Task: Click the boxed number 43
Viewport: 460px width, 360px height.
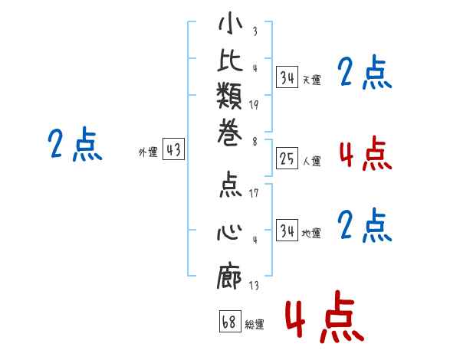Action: click(174, 150)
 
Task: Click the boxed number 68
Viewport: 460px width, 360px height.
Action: click(229, 322)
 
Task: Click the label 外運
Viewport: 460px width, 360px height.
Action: click(148, 152)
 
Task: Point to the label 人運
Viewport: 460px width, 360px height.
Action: click(312, 162)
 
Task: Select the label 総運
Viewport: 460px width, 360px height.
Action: click(255, 325)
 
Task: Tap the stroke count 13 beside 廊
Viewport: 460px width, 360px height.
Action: click(254, 286)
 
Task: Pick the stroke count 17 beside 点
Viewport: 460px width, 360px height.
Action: click(254, 193)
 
